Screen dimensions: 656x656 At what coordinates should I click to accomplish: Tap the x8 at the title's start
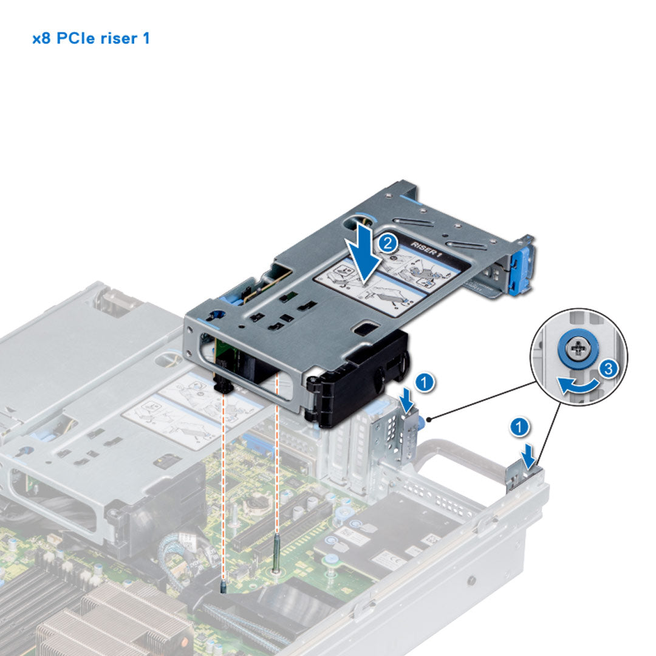click(x=42, y=39)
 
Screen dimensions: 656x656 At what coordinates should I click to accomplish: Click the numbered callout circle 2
click(x=387, y=244)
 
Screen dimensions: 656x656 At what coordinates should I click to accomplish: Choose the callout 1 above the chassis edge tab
click(x=518, y=427)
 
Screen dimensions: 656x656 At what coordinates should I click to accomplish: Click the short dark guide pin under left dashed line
click(x=224, y=584)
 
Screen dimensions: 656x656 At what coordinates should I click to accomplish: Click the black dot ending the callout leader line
click(x=429, y=419)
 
